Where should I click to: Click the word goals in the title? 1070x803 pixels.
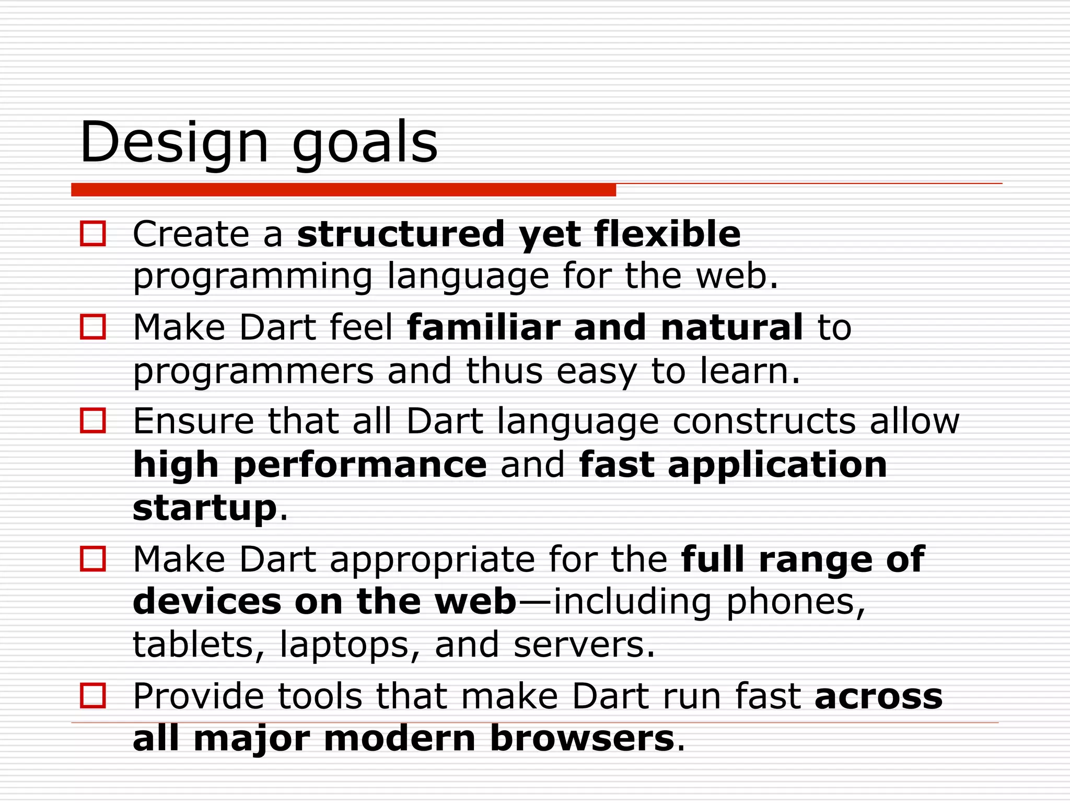pos(364,144)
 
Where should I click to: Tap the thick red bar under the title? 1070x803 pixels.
pos(343,190)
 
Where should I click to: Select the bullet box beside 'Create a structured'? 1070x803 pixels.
pos(93,234)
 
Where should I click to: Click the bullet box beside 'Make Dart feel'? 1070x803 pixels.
pos(93,327)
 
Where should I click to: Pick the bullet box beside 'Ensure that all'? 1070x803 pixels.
pos(93,421)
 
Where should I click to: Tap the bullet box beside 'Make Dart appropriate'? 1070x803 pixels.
pos(93,559)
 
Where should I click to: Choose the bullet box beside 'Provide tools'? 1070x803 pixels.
pos(93,696)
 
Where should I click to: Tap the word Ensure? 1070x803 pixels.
pos(193,421)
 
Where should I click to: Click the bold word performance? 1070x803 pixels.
pos(360,465)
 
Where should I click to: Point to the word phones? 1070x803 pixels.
pos(795,602)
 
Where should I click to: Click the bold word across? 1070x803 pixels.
pos(879,697)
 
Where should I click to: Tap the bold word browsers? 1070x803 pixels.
pos(582,739)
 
